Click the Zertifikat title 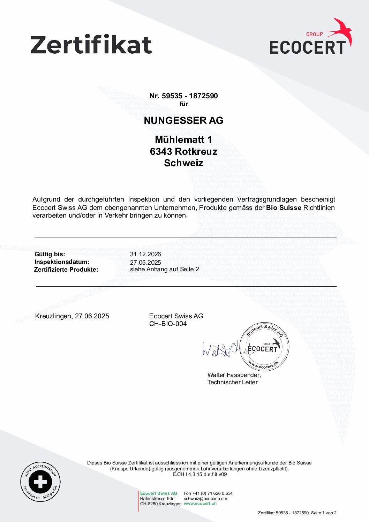[x=91, y=45]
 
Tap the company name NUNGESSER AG [x=183, y=121]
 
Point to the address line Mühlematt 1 [x=183, y=140]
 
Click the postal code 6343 [x=161, y=152]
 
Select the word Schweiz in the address [x=183, y=163]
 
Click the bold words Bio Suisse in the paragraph [x=284, y=208]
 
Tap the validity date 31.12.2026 [x=145, y=254]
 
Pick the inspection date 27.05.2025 [x=145, y=263]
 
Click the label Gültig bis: [x=50, y=254]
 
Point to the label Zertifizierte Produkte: [x=66, y=270]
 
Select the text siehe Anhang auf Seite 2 [x=165, y=269]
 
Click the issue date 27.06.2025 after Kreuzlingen [x=92, y=316]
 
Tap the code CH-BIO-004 [x=168, y=324]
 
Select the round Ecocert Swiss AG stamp [x=264, y=347]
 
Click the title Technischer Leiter [x=232, y=382]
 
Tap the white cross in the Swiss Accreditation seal [x=40, y=482]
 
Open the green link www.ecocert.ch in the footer [x=200, y=504]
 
